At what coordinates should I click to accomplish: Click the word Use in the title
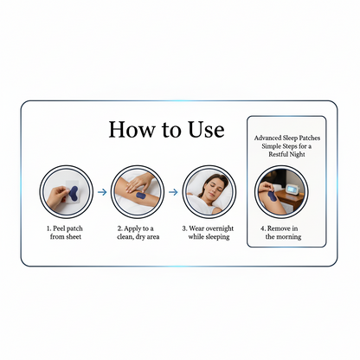pos(203,131)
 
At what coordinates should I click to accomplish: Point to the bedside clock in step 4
pos(294,188)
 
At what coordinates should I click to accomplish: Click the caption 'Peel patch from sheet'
pos(66,231)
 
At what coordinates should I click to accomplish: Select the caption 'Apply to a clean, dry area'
pos(138,231)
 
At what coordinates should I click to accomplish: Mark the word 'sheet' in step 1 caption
pos(75,236)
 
